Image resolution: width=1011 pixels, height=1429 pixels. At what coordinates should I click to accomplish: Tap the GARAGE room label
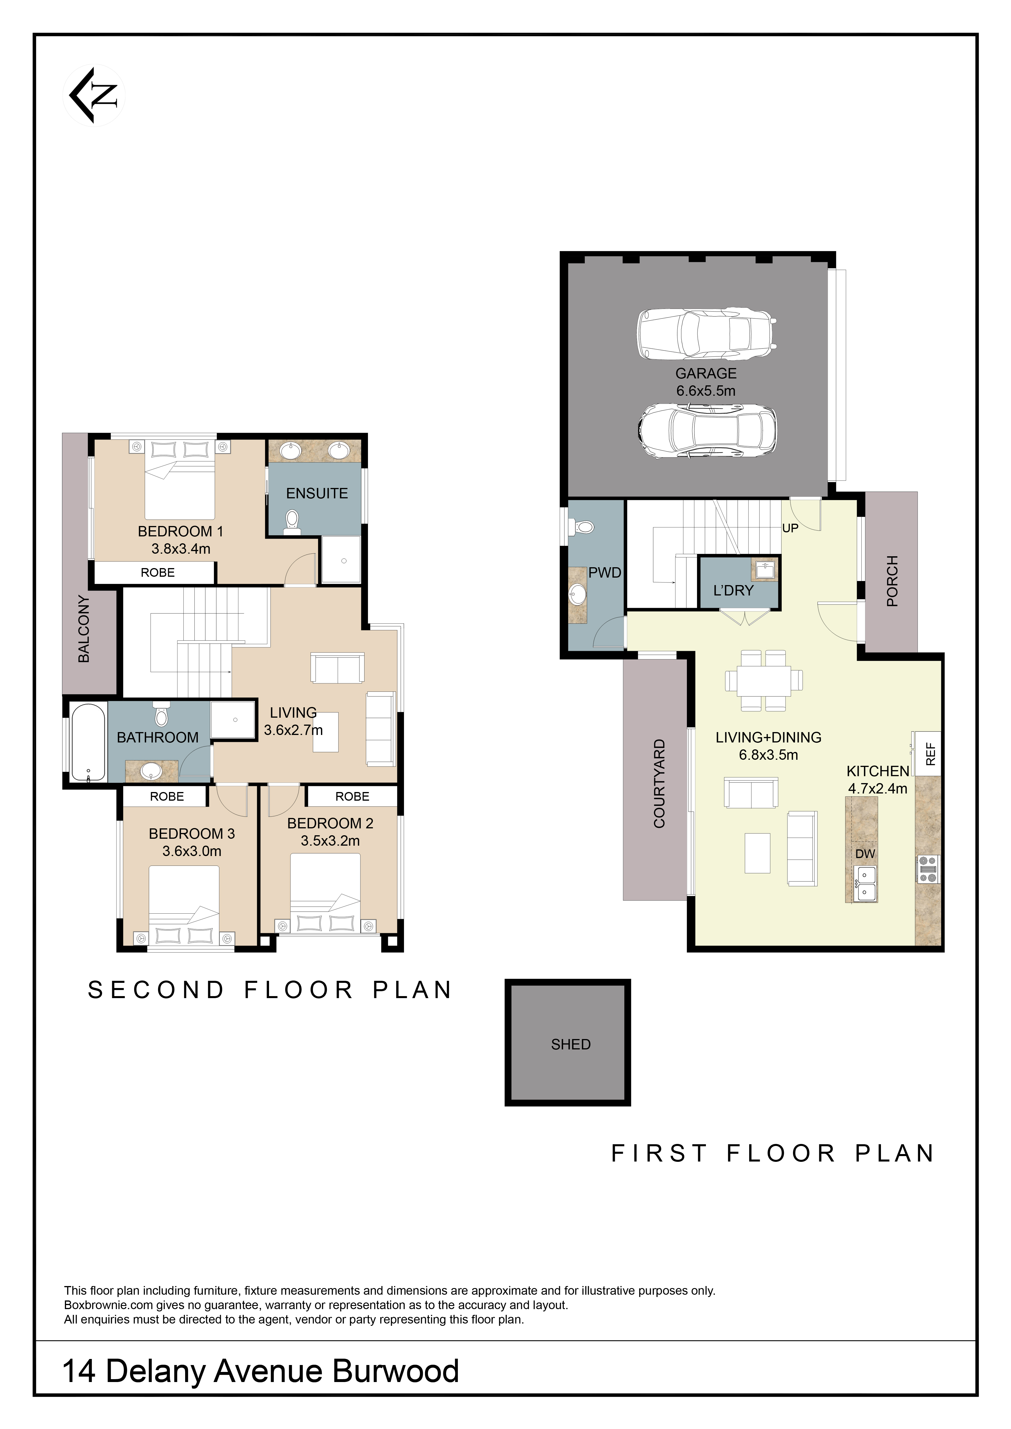[x=706, y=374]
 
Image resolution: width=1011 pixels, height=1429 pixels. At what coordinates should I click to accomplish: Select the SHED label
[x=570, y=1044]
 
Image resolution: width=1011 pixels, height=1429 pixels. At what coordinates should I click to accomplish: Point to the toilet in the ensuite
[x=292, y=522]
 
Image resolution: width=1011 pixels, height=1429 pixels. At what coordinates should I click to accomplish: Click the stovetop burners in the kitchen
[x=928, y=870]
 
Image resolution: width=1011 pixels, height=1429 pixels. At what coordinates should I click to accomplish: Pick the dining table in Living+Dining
[x=764, y=681]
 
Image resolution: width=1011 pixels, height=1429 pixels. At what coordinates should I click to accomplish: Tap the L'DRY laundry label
[x=733, y=591]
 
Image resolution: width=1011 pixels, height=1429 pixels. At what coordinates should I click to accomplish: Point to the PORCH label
[x=892, y=581]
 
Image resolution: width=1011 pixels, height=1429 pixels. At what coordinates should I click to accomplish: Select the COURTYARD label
[x=659, y=784]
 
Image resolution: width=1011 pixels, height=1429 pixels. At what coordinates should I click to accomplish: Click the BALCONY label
[x=83, y=629]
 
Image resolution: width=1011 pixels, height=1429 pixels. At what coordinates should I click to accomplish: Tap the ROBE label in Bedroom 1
[x=157, y=573]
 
